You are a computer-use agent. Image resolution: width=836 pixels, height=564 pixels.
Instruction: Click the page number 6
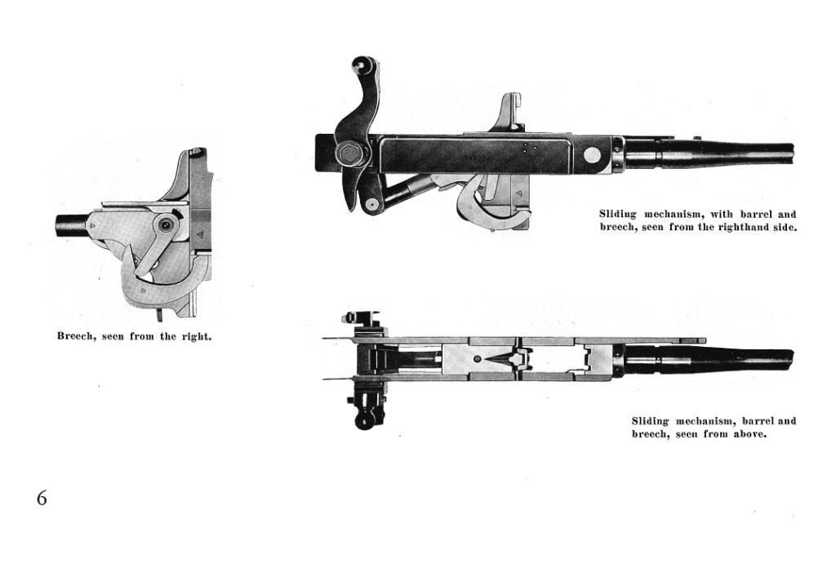pos(42,498)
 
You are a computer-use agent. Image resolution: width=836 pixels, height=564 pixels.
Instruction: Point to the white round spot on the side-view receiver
pos(592,155)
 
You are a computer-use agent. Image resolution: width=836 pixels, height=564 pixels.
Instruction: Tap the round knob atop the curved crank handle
pos(362,64)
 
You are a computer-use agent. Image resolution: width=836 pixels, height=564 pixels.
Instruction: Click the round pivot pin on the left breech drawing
pos(167,225)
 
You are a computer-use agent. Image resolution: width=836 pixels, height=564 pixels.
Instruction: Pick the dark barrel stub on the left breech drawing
pos(70,226)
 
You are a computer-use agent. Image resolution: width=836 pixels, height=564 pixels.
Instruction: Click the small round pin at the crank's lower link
pos(371,203)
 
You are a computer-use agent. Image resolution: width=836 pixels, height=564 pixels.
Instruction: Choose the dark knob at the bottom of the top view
pos(366,421)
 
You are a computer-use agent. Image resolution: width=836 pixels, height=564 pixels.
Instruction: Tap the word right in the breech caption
pos(196,337)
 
